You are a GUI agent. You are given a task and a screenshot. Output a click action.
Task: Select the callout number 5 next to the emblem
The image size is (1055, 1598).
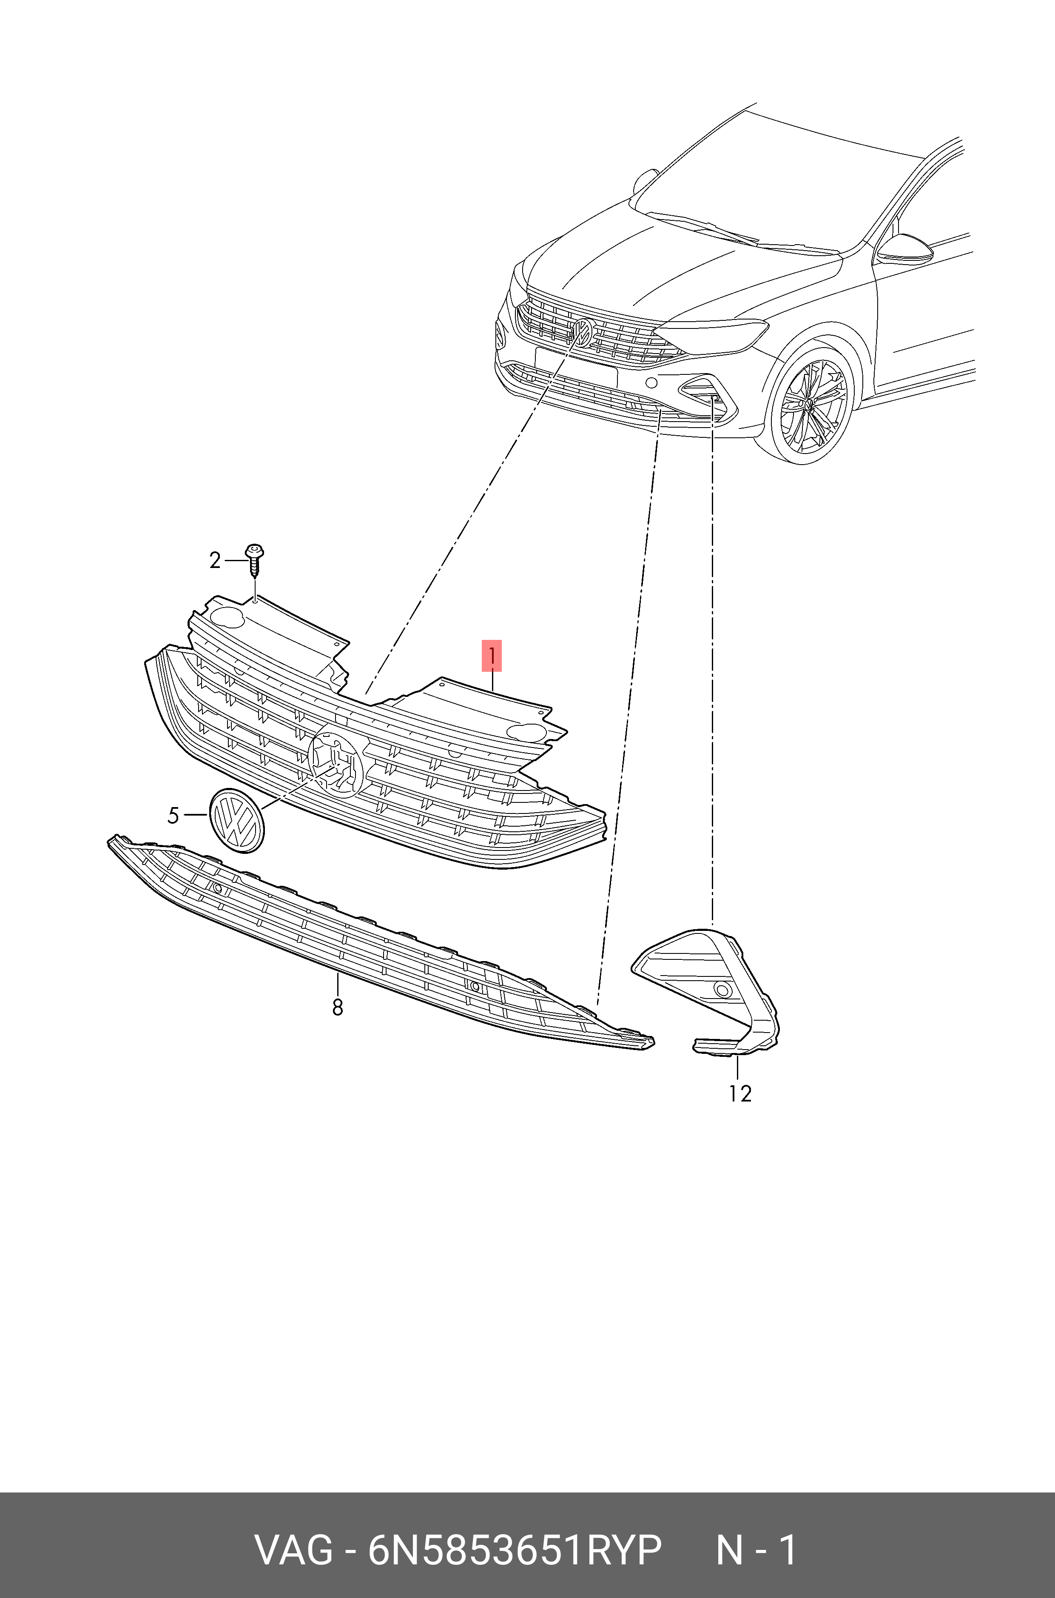(173, 816)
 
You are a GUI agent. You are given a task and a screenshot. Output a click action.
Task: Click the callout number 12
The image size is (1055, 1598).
(739, 1094)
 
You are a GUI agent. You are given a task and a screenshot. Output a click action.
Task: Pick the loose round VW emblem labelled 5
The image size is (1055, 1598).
(236, 820)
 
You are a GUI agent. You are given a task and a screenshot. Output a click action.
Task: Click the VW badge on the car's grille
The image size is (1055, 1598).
(582, 333)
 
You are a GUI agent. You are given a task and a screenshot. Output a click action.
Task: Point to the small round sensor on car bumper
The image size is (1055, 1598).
(651, 383)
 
